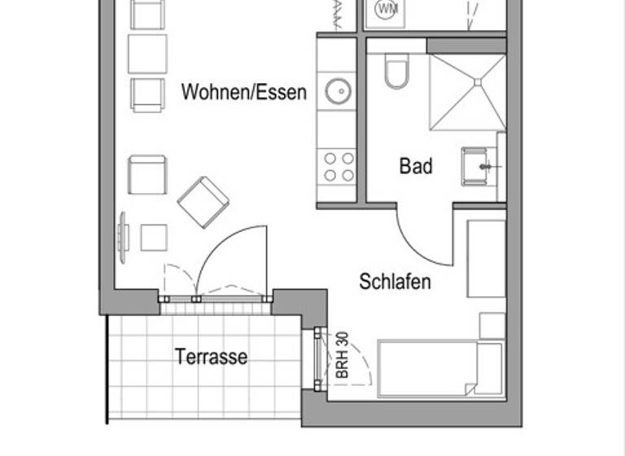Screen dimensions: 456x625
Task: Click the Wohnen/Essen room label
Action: pos(244,91)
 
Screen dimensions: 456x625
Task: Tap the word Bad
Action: pos(415,167)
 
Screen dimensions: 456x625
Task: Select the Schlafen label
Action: pos(395,283)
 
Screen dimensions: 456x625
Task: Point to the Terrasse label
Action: pos(211,357)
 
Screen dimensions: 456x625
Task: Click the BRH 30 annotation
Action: pos(342,355)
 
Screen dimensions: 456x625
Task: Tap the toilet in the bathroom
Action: pos(397,72)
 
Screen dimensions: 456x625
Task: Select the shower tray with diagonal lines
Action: pos(466,93)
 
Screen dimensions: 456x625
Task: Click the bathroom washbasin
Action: pos(481,166)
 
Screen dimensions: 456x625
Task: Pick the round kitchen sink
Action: pos(338,90)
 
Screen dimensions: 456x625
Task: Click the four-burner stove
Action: pos(338,166)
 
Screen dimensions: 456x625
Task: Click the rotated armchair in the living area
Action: pos(203,202)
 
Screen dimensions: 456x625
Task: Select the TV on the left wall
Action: pos(123,237)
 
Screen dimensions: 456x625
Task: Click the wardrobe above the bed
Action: pos(486,258)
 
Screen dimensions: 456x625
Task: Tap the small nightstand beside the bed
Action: pos(492,326)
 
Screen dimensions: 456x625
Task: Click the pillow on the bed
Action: pos(488,369)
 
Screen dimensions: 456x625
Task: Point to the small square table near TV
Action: pos(153,237)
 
